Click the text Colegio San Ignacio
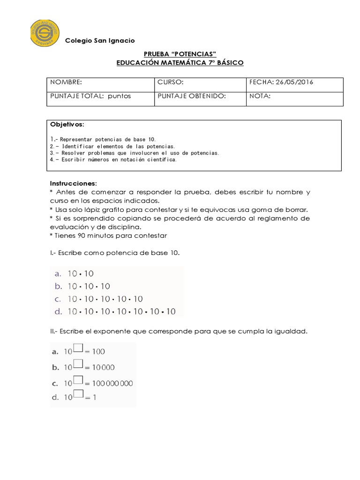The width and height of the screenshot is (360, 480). pyautogui.click(x=100, y=41)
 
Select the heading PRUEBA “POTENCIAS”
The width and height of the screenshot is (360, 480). pyautogui.click(x=180, y=54)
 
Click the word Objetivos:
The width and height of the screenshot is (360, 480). pyautogui.click(x=67, y=125)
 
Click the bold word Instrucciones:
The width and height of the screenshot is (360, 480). pyautogui.click(x=73, y=183)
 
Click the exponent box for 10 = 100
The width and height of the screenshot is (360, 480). pyautogui.click(x=78, y=348)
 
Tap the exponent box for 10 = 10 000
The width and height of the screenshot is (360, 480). pyautogui.click(x=78, y=364)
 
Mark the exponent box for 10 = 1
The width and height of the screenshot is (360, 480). pyautogui.click(x=78, y=395)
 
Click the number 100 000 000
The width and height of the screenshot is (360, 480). pyautogui.click(x=112, y=383)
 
